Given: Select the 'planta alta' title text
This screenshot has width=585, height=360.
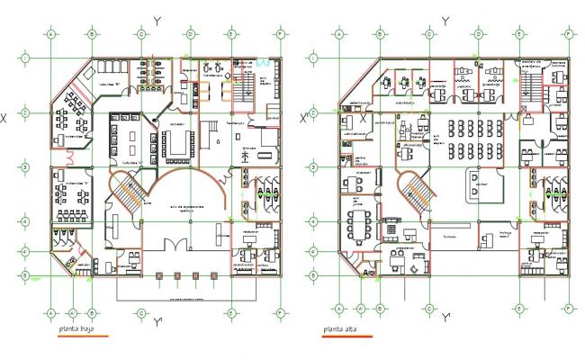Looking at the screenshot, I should click(338, 331).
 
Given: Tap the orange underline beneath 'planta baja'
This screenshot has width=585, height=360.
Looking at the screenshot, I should click(78, 337).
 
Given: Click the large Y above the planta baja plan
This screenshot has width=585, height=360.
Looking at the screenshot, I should click(157, 20).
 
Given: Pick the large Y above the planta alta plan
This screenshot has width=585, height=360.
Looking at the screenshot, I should click(447, 20).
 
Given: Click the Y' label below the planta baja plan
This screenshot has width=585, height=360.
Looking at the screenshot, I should click(157, 321).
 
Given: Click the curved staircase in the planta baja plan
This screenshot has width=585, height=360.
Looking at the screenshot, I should click(126, 190).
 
